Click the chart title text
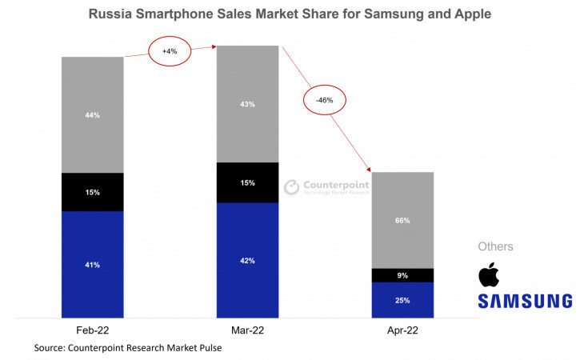[x=290, y=14]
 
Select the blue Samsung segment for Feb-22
[x=93, y=264]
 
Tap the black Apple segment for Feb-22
[x=93, y=192]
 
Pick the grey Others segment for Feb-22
[x=93, y=115]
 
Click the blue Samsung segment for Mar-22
[x=248, y=260]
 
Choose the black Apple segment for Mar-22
[x=248, y=182]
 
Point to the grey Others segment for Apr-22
[x=402, y=220]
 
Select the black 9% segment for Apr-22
[x=402, y=275]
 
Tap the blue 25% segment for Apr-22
[x=402, y=300]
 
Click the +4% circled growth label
[x=170, y=51]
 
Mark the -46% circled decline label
[x=324, y=101]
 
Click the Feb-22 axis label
[x=93, y=330]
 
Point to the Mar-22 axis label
[x=248, y=330]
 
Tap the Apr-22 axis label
[x=402, y=330]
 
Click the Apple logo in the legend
[x=489, y=274]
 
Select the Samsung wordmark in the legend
[x=525, y=301]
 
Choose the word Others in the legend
[x=495, y=246]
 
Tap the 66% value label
[x=402, y=220]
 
